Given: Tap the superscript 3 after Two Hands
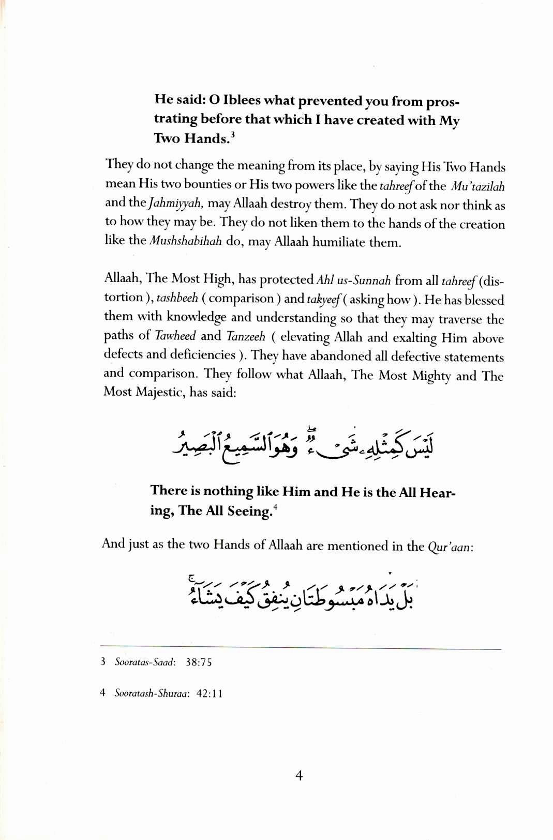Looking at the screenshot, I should point(233,136).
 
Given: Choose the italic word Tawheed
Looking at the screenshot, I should point(175,336).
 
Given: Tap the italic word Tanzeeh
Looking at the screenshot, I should point(246,336).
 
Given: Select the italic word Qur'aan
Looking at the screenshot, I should point(450,547).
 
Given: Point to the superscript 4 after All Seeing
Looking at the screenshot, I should point(276,507).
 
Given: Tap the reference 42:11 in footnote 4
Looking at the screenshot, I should point(209,694).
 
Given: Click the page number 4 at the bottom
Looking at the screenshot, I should point(298,776).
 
